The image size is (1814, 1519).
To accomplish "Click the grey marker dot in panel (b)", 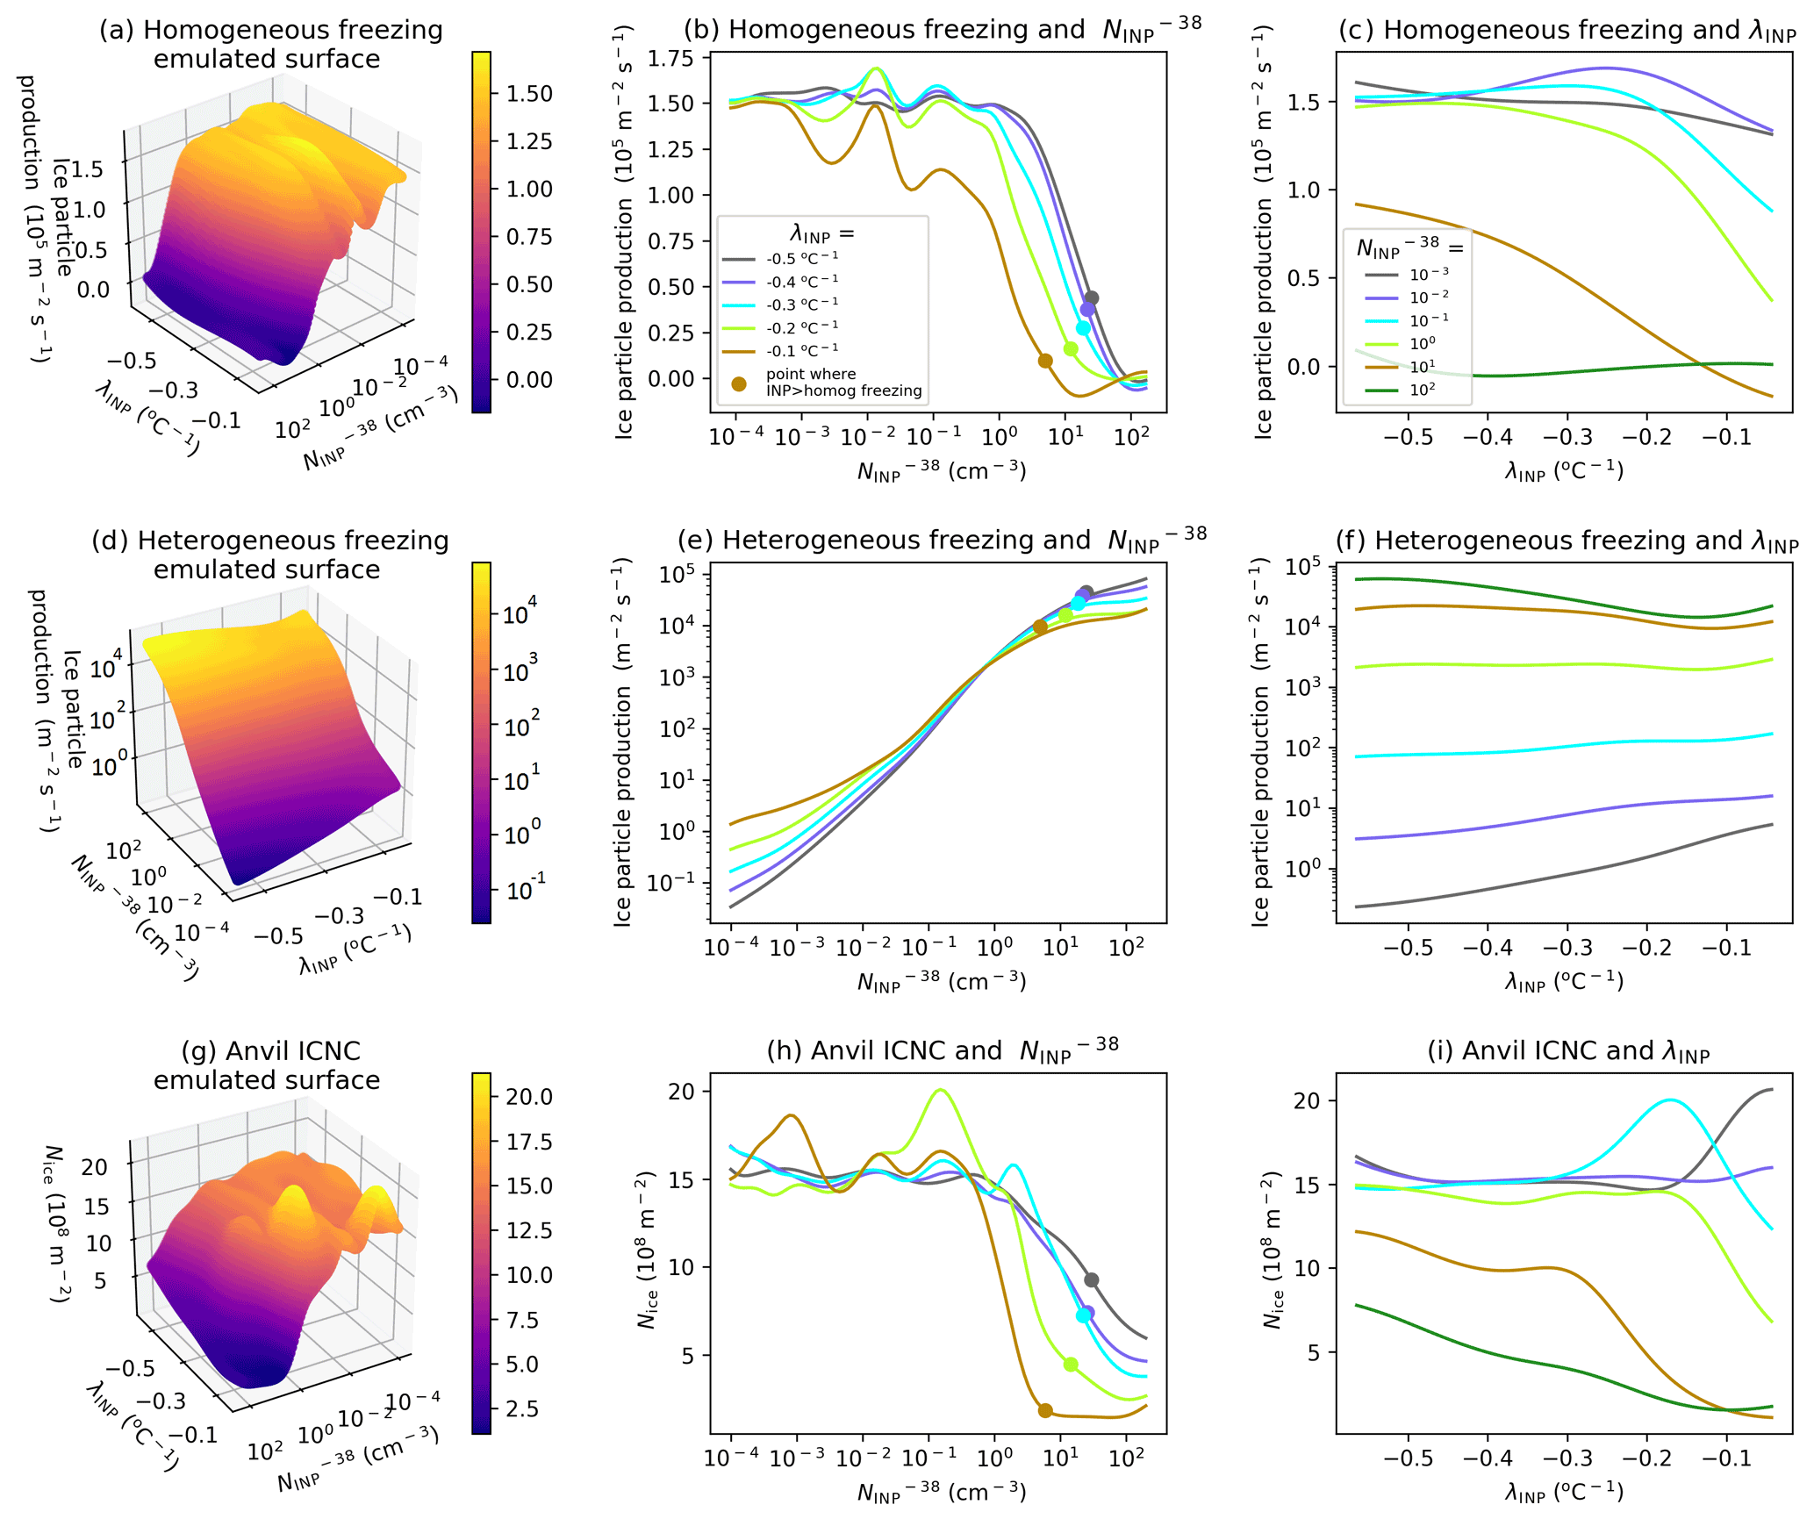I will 1091,298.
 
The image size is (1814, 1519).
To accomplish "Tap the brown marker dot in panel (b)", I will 1045,361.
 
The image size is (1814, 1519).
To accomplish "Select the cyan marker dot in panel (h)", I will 1083,1315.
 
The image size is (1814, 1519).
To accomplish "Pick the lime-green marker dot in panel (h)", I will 1071,1365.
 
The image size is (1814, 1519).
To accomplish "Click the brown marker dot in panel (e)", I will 1040,627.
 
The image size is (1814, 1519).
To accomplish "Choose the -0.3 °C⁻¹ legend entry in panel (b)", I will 801,305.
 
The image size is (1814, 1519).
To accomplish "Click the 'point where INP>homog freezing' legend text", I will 843,383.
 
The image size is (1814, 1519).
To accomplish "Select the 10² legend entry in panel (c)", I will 1422,390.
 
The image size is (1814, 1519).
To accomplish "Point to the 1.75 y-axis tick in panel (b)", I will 670,59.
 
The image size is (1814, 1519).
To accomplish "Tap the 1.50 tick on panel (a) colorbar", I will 529,94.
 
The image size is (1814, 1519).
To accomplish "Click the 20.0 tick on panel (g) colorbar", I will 529,1097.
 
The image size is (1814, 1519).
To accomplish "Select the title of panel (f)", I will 1567,541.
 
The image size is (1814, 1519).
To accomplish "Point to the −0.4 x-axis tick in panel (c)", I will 1488,436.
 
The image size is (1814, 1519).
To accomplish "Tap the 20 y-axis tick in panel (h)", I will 682,1092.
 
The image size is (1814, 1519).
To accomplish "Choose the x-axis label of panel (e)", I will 941,981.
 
